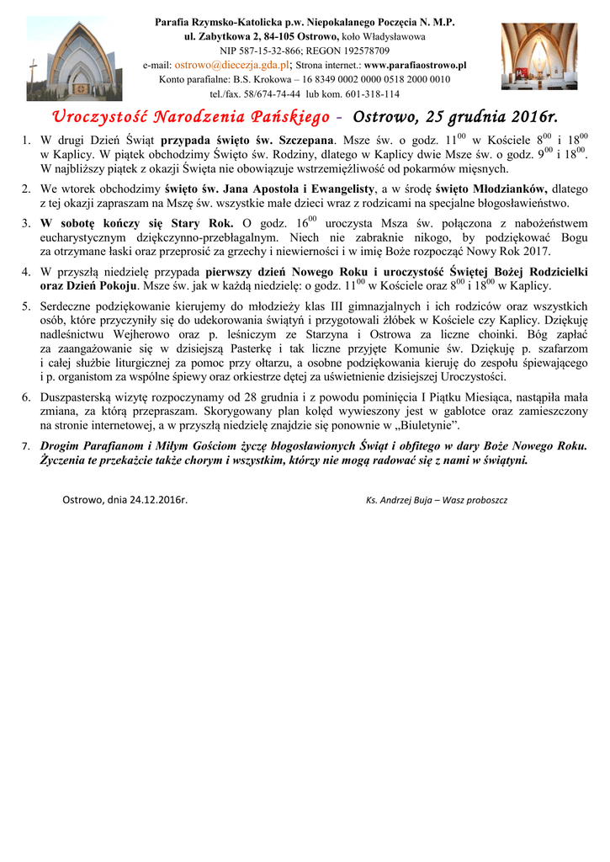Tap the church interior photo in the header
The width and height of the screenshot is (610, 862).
coord(538,56)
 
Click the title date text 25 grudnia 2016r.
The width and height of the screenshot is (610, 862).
coord(488,116)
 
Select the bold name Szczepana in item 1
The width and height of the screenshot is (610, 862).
coord(308,141)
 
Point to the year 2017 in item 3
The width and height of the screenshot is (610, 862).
coord(535,251)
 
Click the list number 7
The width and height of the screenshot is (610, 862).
coord(26,445)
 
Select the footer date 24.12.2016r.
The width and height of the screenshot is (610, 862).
coord(158,499)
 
